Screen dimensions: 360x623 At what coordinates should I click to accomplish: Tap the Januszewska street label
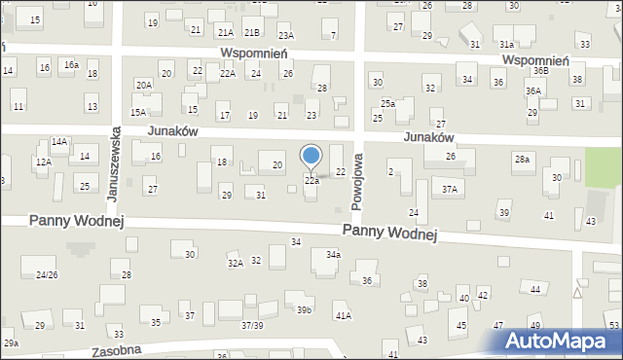(x=114, y=162)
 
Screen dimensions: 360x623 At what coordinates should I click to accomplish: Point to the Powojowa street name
(x=357, y=181)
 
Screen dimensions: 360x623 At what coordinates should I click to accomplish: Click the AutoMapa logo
(x=560, y=341)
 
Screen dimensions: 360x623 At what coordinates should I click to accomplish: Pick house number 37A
(x=449, y=190)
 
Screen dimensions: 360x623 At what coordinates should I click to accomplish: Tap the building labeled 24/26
(x=45, y=275)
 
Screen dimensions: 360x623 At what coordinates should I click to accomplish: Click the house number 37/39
(x=253, y=324)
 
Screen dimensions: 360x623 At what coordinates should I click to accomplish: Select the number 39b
(x=305, y=309)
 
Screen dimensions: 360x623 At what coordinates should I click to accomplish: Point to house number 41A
(x=343, y=316)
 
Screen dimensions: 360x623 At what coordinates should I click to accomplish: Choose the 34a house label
(x=333, y=255)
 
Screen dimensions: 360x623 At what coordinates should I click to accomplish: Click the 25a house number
(x=387, y=103)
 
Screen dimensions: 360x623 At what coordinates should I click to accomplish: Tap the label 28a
(x=523, y=159)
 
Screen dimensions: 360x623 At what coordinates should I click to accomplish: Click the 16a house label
(x=71, y=64)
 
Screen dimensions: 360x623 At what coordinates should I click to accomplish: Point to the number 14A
(x=59, y=142)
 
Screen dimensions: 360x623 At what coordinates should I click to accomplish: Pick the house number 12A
(x=43, y=162)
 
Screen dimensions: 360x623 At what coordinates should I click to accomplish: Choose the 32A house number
(x=235, y=263)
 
